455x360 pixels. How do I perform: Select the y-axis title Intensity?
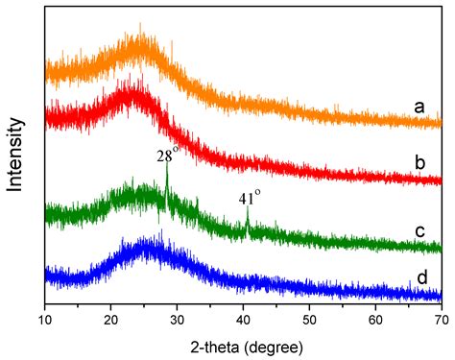(16, 155)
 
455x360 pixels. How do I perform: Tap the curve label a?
(419, 108)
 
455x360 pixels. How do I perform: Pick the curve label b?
(419, 163)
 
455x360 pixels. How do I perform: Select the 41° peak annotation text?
(251, 200)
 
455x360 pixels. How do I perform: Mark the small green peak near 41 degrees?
(248, 220)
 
